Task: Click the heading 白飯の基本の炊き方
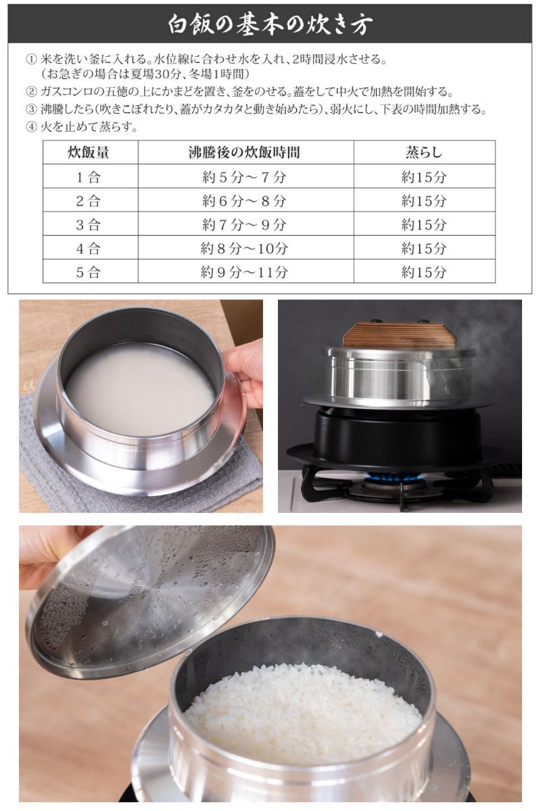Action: [x=270, y=24]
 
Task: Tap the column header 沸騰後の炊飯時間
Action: [x=244, y=152]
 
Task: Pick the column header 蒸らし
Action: [x=424, y=152]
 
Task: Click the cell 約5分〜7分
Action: [x=244, y=177]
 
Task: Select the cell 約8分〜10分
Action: [x=244, y=248]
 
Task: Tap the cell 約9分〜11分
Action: [x=244, y=272]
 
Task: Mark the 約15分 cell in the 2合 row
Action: [x=424, y=201]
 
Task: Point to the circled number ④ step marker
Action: [x=30, y=126]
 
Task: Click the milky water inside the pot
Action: [x=139, y=389]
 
